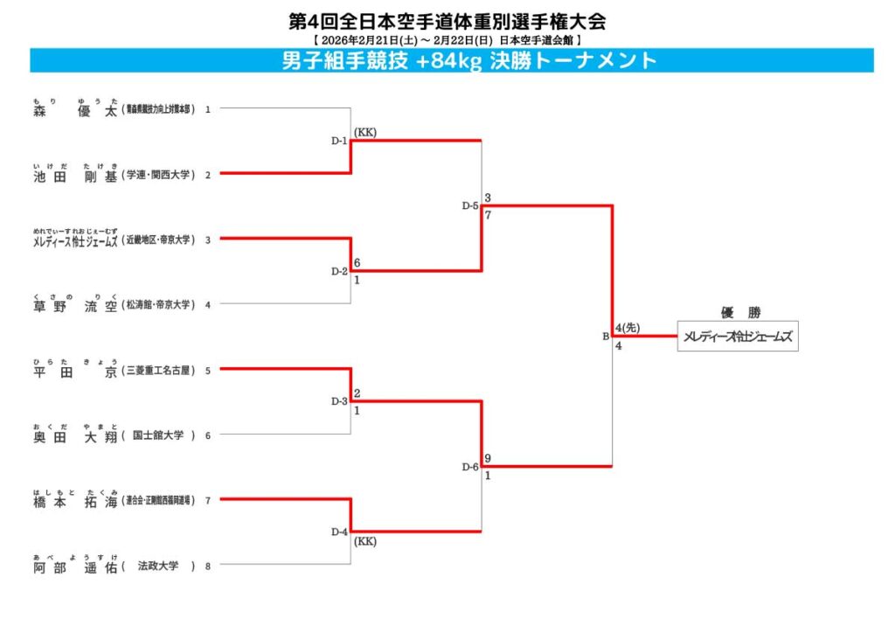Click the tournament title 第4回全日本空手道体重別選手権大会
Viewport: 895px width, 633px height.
447,20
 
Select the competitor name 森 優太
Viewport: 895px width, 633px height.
74,110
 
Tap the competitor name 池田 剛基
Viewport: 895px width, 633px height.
74,175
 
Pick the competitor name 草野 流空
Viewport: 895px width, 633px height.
74,305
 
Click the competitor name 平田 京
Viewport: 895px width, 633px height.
74,371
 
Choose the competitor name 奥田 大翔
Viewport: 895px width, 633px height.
74,435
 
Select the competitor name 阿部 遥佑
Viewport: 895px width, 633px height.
74,566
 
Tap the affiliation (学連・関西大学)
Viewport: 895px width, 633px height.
158,175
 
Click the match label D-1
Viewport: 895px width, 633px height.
339,141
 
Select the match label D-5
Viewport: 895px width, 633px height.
470,206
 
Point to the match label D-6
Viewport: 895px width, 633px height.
470,467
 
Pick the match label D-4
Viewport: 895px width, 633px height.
339,532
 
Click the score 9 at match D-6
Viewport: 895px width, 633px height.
488,458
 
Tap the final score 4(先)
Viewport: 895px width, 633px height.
628,328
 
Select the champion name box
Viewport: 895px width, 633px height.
738,337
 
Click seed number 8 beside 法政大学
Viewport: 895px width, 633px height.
208,566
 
